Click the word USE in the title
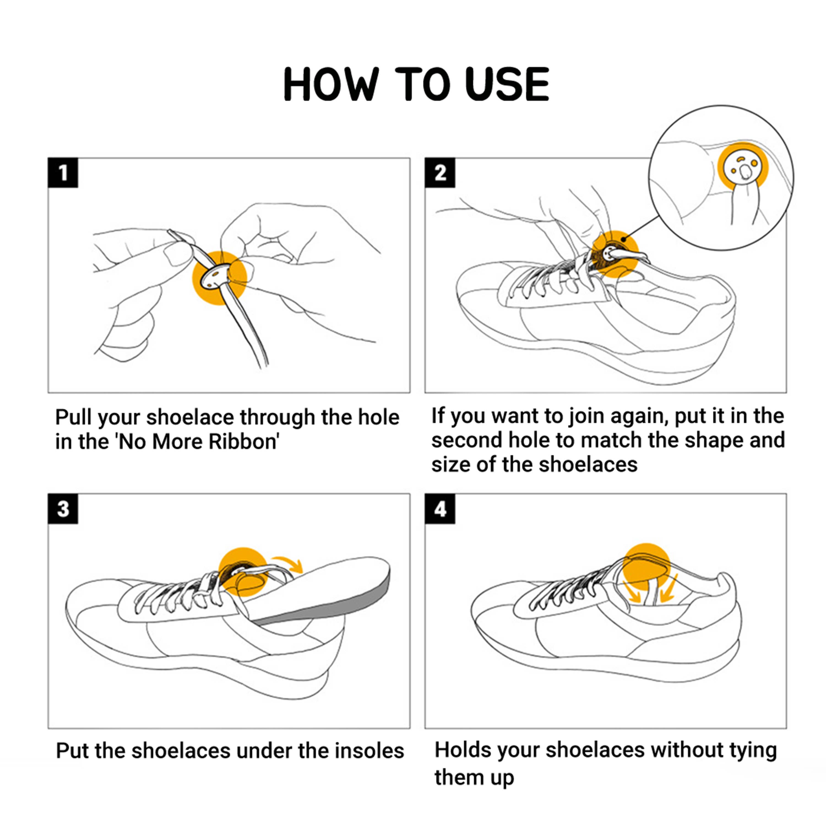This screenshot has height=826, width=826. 507,84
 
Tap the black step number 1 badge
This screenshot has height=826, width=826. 63,173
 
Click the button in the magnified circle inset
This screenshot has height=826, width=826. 743,168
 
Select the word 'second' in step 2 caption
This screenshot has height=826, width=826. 466,440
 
